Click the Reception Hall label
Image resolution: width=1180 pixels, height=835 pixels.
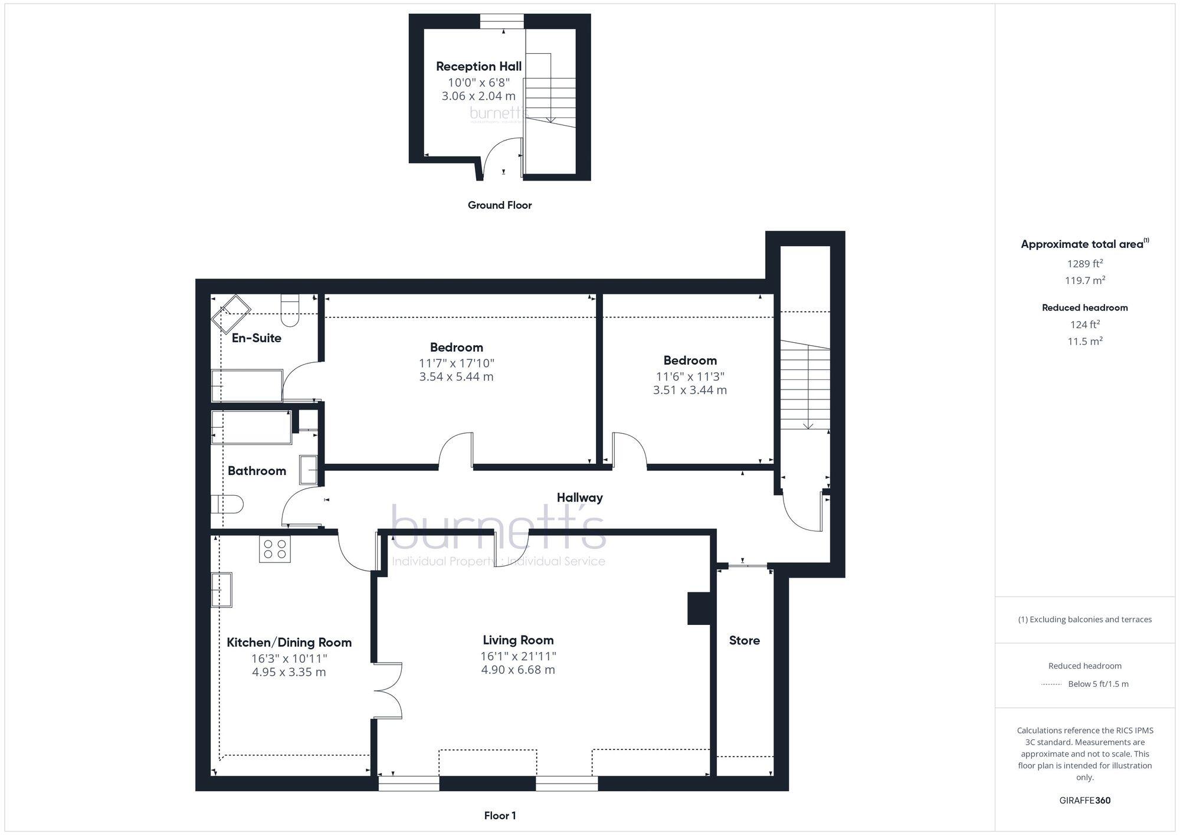click(x=478, y=66)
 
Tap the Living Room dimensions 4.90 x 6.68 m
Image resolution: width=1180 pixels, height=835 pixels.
click(x=518, y=670)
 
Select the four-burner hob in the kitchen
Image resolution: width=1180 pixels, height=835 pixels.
click(x=275, y=549)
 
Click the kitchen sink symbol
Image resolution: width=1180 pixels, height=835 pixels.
click(x=222, y=590)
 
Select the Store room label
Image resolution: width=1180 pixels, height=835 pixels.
click(x=744, y=640)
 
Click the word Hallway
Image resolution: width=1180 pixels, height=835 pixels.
click(x=579, y=497)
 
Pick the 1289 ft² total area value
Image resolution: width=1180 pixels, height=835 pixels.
click(x=1084, y=264)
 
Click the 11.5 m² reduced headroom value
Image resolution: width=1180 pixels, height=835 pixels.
click(x=1084, y=341)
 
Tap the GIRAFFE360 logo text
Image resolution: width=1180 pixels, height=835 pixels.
click(x=1084, y=800)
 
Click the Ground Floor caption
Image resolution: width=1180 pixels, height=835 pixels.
click(x=500, y=205)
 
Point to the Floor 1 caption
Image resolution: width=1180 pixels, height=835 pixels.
click(x=500, y=816)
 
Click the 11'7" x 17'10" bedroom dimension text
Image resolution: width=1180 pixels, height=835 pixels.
click(x=456, y=363)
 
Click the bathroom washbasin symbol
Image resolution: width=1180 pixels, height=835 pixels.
click(x=308, y=470)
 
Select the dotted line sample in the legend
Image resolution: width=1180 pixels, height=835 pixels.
click(x=1051, y=685)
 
